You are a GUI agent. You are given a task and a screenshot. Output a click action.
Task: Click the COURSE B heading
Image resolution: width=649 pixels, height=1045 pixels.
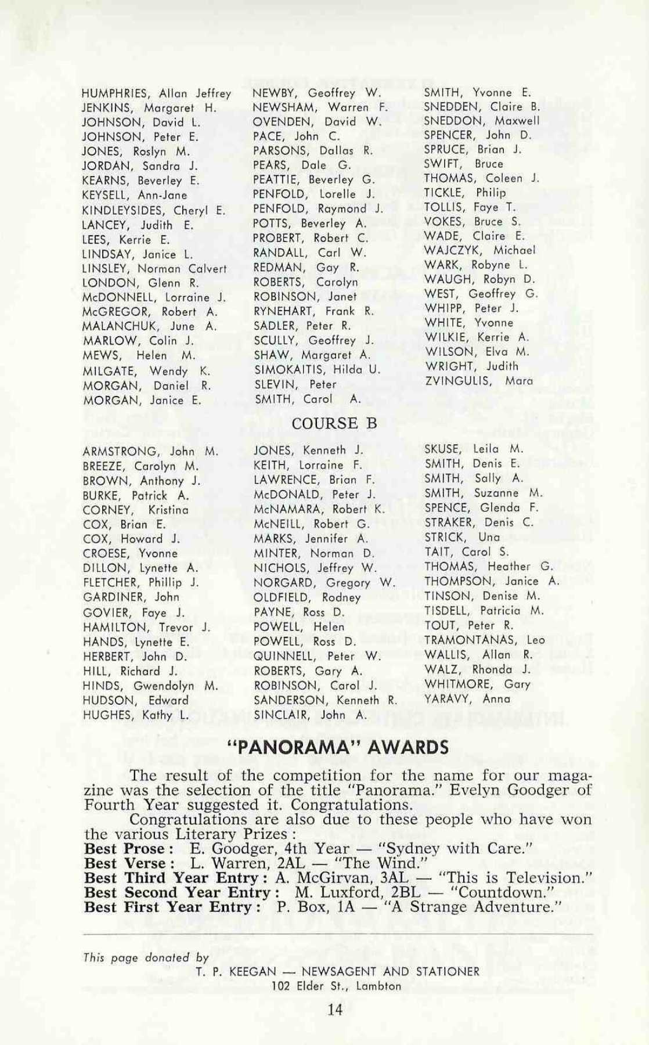[x=334, y=424]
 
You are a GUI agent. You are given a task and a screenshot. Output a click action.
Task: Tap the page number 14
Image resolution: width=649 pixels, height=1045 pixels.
[x=335, y=1009]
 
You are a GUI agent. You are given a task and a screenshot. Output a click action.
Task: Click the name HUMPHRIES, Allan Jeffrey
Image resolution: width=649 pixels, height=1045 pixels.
[x=156, y=93]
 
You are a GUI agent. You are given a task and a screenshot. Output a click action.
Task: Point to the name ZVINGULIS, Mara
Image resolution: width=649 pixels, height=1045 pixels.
[x=479, y=381]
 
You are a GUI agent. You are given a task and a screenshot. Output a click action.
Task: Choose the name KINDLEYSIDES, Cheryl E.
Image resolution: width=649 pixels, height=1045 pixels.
[x=154, y=211]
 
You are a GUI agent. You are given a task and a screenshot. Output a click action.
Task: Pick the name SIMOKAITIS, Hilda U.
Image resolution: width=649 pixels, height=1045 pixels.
[x=317, y=369]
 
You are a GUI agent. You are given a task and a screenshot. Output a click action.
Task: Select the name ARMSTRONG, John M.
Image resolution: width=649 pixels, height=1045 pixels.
[x=150, y=451]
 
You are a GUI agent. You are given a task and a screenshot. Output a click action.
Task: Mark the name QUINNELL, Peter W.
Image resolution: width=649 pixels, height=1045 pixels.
[x=317, y=656]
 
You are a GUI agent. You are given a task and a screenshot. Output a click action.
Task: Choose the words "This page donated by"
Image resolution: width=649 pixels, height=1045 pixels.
[x=146, y=958]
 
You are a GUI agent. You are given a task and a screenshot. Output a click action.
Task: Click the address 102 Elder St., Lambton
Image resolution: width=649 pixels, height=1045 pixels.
[x=337, y=986]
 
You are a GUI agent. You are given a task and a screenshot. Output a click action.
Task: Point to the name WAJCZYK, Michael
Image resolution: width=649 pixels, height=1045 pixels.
[x=480, y=251]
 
